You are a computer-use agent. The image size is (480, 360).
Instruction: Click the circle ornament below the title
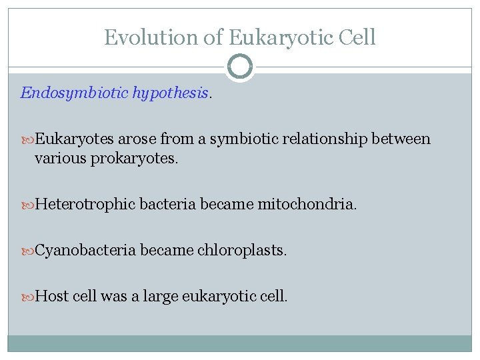pyautogui.click(x=240, y=67)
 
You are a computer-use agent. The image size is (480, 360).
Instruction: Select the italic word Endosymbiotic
pyautogui.click(x=74, y=93)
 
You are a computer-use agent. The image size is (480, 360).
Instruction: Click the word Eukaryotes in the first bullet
pyautogui.click(x=75, y=139)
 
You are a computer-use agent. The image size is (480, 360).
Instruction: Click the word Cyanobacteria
pyautogui.click(x=85, y=251)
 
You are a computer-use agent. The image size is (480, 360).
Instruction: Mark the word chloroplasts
pyautogui.click(x=241, y=251)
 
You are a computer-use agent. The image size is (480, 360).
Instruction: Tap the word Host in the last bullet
pyautogui.click(x=51, y=297)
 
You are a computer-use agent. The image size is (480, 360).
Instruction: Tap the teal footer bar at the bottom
pyautogui.click(x=240, y=343)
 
